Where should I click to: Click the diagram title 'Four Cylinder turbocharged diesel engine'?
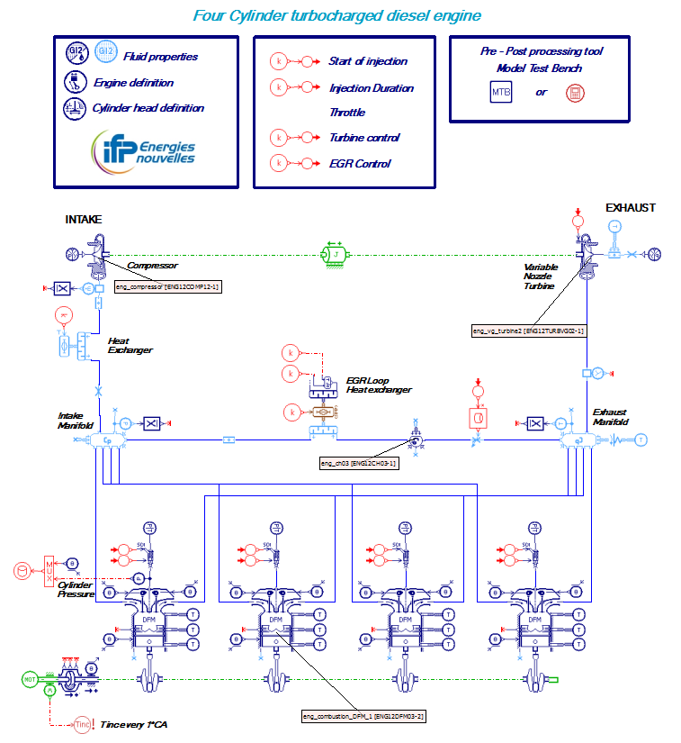[x=337, y=15]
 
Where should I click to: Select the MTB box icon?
[x=500, y=92]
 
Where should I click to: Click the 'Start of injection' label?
[x=368, y=61]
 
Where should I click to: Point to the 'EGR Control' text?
[x=360, y=164]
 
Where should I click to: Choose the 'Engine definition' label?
[x=134, y=83]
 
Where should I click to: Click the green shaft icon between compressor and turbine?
[x=336, y=254]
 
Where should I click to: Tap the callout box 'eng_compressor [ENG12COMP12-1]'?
[x=167, y=286]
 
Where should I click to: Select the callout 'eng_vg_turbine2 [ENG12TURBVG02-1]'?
[x=529, y=331]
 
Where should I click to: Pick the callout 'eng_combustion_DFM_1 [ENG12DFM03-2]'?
[x=363, y=716]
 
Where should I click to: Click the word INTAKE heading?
[x=84, y=219]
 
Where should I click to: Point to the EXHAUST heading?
[x=630, y=208]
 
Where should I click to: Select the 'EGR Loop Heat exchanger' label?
[x=379, y=385]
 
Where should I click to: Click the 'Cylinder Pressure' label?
[x=76, y=589]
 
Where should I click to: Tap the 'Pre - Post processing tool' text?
[x=540, y=51]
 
